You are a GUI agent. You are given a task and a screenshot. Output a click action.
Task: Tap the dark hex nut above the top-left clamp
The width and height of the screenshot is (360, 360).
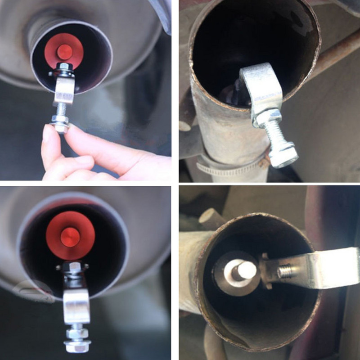click(65, 69)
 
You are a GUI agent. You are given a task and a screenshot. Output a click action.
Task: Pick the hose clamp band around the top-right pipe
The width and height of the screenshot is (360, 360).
click(225, 169)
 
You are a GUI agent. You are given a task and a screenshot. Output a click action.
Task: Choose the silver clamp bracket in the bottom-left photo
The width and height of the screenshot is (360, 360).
click(76, 306)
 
